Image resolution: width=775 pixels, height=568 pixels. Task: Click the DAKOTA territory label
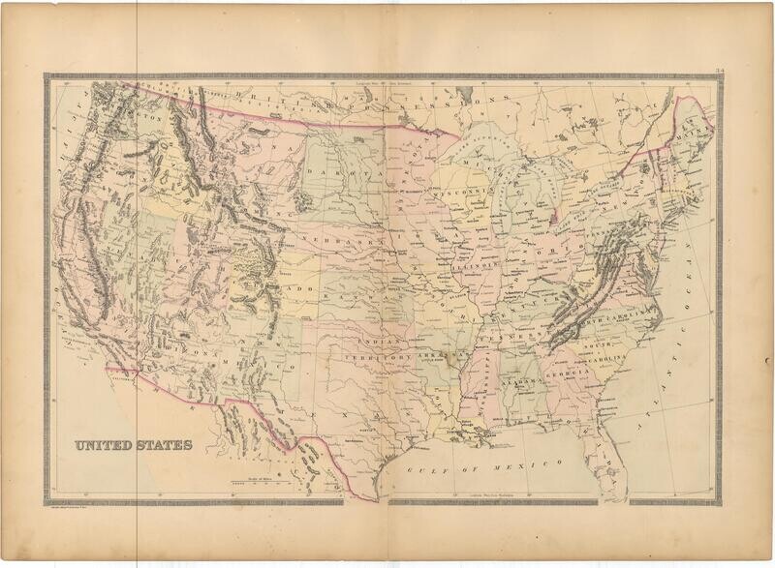tap(331, 174)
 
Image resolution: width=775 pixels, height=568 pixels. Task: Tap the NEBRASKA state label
tap(329, 238)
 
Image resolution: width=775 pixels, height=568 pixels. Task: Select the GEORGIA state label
tap(572, 373)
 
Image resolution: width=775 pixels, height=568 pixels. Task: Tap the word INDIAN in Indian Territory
tap(374, 342)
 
